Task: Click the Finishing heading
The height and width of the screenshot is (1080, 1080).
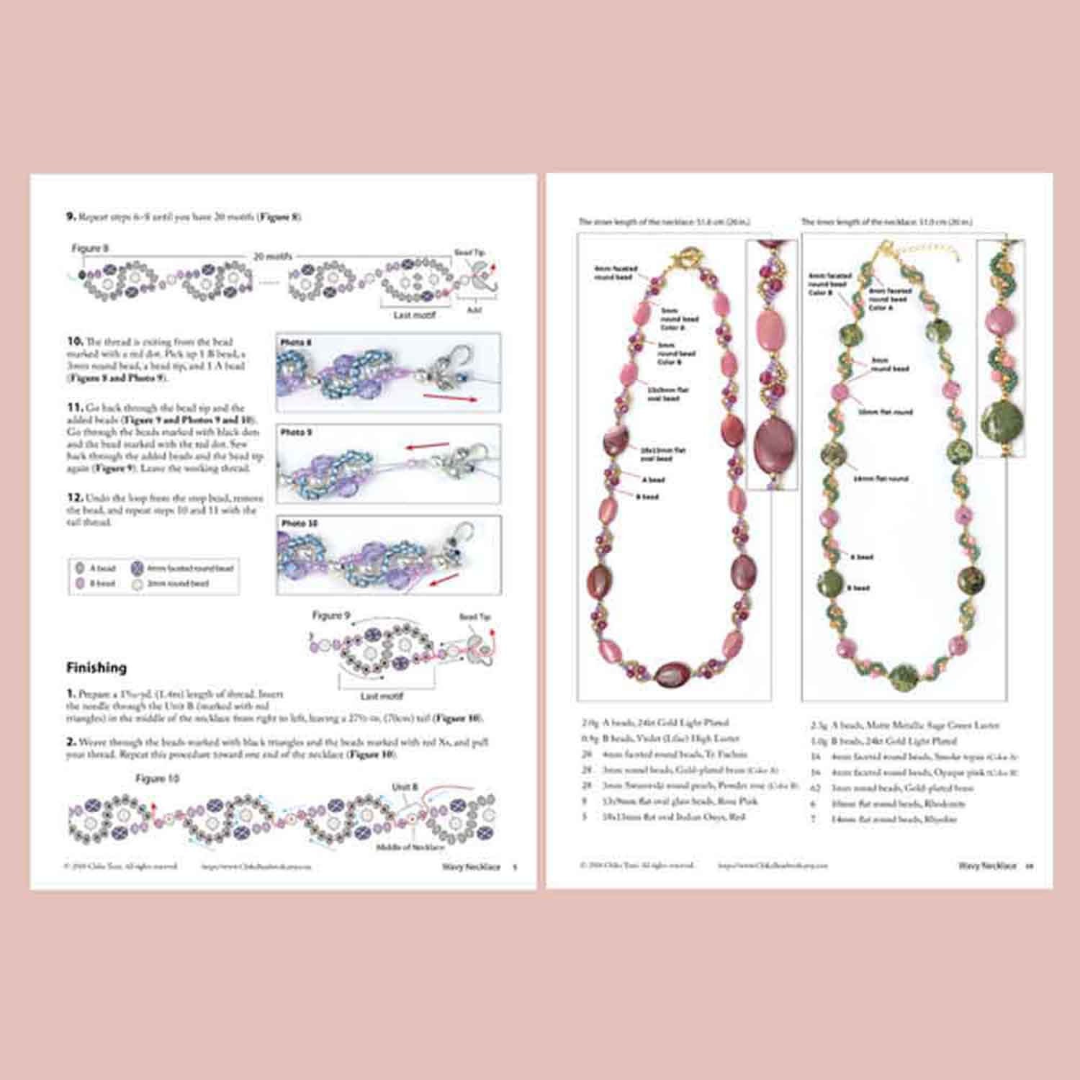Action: click(x=96, y=667)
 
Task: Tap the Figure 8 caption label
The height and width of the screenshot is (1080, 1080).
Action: click(x=90, y=248)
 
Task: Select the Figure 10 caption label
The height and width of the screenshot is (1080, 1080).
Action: click(x=157, y=778)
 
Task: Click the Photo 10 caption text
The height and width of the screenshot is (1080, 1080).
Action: click(x=300, y=523)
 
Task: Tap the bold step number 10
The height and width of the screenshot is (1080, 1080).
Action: click(x=74, y=341)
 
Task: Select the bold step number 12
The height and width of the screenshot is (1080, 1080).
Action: click(x=74, y=498)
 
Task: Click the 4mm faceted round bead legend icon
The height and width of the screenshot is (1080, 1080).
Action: click(x=138, y=568)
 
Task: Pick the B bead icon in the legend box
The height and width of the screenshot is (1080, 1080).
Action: click(x=80, y=584)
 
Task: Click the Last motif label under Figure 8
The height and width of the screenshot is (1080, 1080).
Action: click(x=414, y=315)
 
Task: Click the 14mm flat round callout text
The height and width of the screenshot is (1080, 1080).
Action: click(x=881, y=478)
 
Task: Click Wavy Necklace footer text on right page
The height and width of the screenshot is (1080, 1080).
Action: click(x=986, y=865)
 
